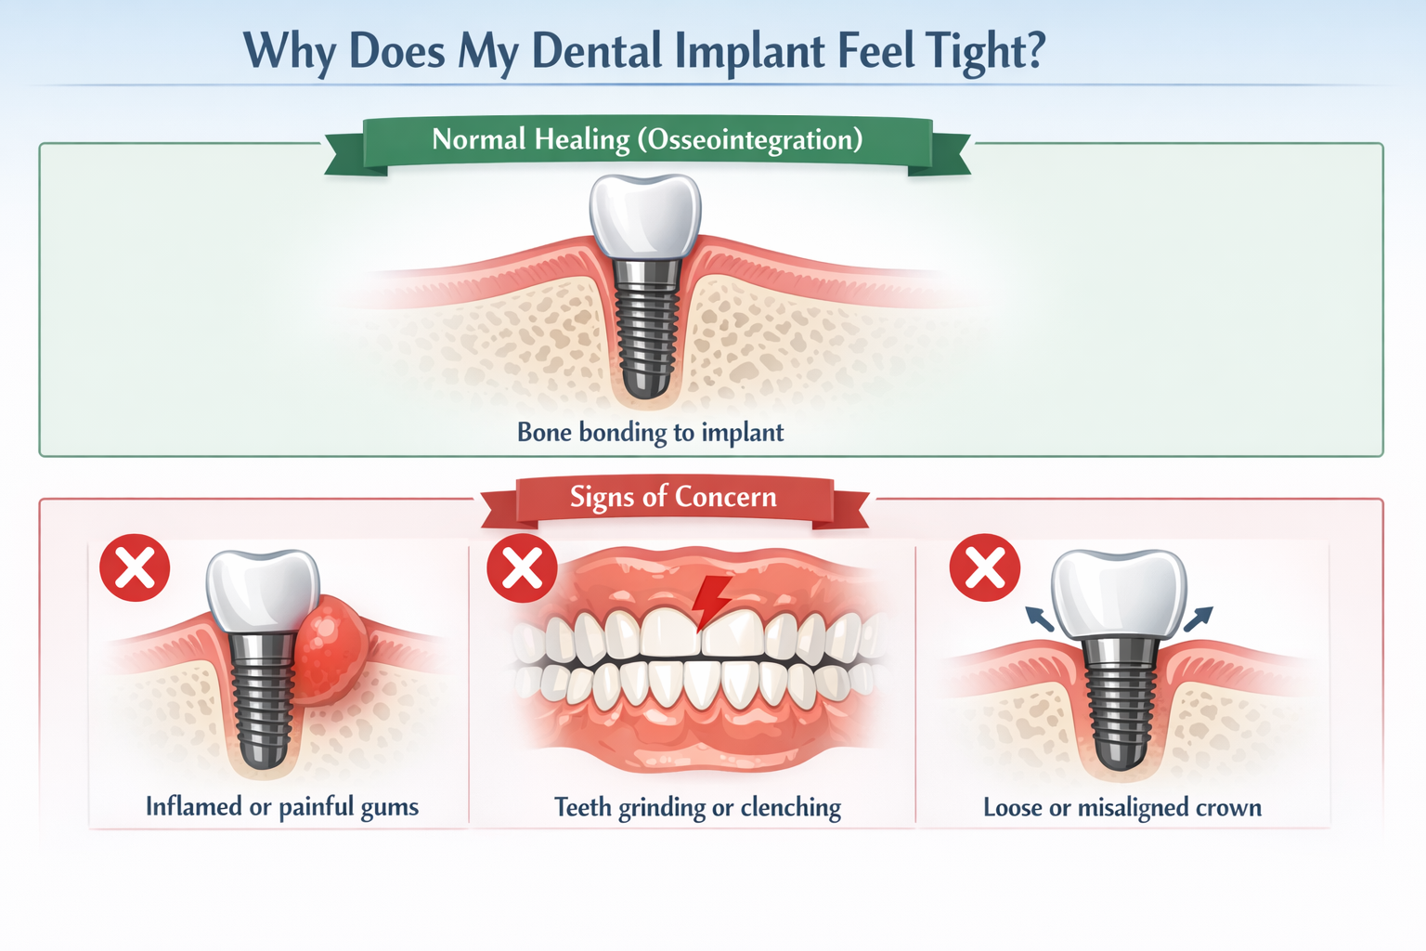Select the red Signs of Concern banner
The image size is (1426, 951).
[x=673, y=498]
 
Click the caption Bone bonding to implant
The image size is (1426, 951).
[x=650, y=433]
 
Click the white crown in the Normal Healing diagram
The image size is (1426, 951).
[x=646, y=215]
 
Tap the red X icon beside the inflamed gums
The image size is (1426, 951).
[x=135, y=568]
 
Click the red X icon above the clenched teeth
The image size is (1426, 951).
[x=522, y=568]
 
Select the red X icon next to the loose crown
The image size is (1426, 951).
[x=985, y=568]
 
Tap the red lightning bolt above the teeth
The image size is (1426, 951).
[x=712, y=600]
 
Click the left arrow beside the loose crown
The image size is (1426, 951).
[x=1039, y=619]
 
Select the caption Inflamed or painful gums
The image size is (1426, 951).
[x=282, y=807]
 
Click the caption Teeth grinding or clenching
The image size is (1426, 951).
[x=697, y=808]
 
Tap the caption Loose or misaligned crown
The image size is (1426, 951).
[x=1122, y=808]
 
